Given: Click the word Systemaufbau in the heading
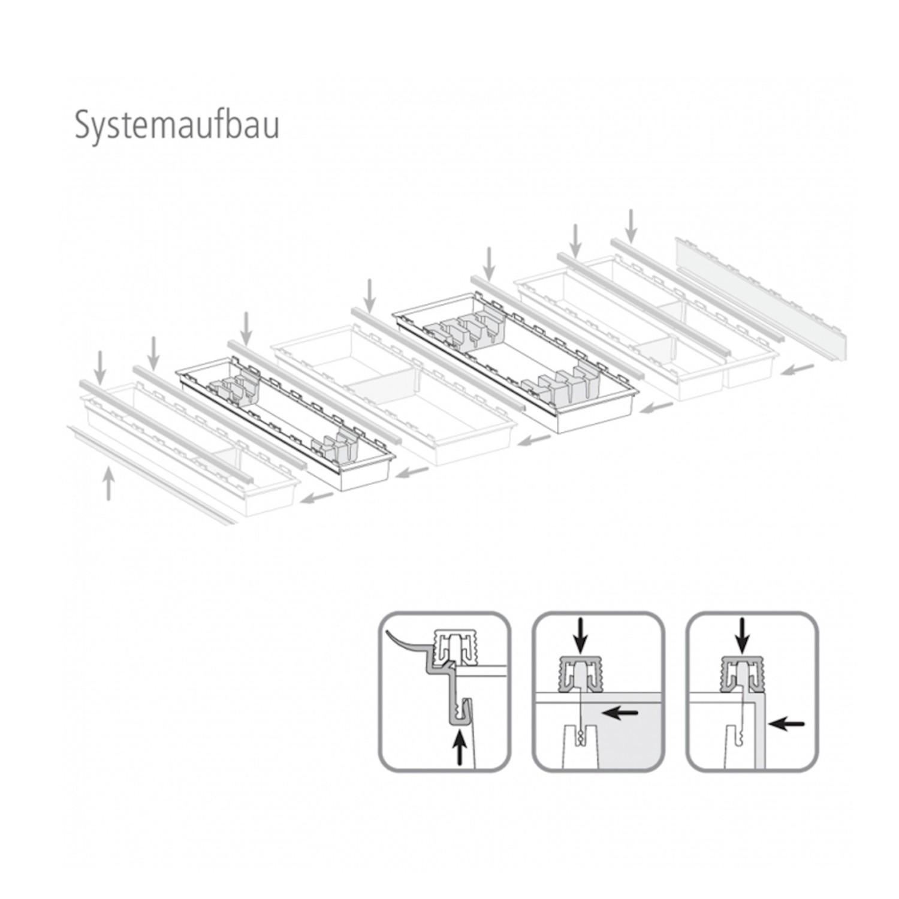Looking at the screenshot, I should tap(177, 126).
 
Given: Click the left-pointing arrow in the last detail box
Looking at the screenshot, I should tap(786, 724).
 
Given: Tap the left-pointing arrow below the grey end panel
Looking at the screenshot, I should tap(798, 369).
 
